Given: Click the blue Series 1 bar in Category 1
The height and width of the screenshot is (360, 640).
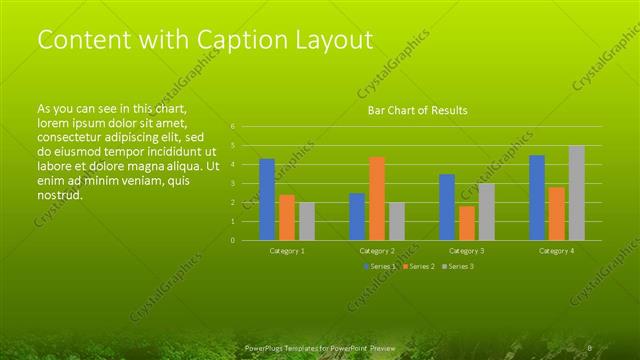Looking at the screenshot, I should click(x=267, y=199).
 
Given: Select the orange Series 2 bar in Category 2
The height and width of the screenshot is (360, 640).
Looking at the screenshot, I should click(x=377, y=198).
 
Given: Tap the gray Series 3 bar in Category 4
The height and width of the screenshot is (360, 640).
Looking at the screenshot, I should click(x=577, y=193).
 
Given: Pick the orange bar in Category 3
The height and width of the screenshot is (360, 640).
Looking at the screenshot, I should click(x=467, y=223).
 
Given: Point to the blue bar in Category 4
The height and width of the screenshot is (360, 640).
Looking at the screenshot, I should click(x=537, y=197).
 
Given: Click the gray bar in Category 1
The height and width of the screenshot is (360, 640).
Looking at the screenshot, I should click(x=307, y=221).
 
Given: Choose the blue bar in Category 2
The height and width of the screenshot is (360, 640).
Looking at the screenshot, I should click(x=357, y=216).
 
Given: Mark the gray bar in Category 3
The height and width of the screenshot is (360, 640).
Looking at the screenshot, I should click(x=486, y=211).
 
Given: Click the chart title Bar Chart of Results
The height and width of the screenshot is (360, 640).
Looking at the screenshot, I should click(x=417, y=110).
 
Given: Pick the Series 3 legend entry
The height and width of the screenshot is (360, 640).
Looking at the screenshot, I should click(x=458, y=266).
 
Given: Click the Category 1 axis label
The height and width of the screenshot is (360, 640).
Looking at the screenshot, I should click(x=287, y=250).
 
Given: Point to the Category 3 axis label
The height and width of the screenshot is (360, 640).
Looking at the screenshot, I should click(x=466, y=250).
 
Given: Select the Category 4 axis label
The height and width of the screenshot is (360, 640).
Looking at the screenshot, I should click(x=557, y=250).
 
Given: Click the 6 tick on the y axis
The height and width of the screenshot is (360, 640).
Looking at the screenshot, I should click(x=232, y=127).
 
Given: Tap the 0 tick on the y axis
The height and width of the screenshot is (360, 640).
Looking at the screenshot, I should click(x=232, y=240).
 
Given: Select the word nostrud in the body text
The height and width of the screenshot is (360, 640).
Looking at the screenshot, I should click(x=59, y=194).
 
